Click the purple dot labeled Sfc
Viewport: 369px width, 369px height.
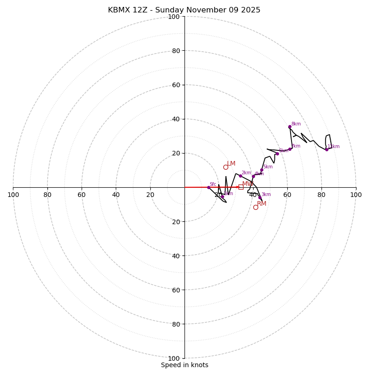pyautogui.click(x=208, y=187)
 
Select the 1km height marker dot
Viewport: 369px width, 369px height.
pyautogui.click(x=222, y=196)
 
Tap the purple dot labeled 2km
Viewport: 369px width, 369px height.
pyautogui.click(x=240, y=176)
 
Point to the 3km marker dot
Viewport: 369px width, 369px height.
pyautogui.click(x=260, y=198)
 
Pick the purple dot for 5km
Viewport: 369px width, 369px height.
pyautogui.click(x=262, y=170)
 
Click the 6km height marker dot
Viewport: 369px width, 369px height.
pyautogui.click(x=277, y=154)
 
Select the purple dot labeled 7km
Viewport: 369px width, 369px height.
pyautogui.click(x=290, y=149)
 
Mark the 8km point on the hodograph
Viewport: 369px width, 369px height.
pyautogui.click(x=290, y=127)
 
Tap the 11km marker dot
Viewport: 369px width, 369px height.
pyautogui.click(x=327, y=149)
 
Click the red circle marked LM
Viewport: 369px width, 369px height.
pyautogui.click(x=226, y=167)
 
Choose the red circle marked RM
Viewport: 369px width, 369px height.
pyautogui.click(x=256, y=207)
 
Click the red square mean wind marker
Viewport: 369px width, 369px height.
pyautogui.click(x=241, y=187)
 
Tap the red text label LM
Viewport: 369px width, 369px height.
pyautogui.click(x=231, y=164)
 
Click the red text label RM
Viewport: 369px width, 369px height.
pyautogui.click(x=262, y=204)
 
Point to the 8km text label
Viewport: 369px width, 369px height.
pyautogui.click(x=296, y=124)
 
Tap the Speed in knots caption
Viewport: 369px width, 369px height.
pyautogui.click(x=184, y=365)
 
